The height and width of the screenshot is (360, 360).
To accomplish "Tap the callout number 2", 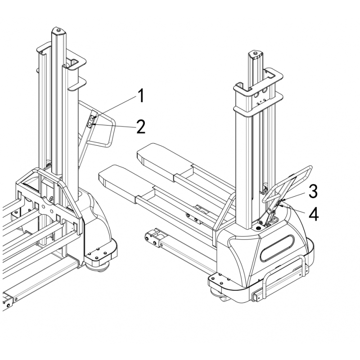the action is pos(141,126).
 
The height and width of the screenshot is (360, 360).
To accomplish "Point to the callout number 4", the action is pos(314,215).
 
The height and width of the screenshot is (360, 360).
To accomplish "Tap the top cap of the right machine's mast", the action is pos(255,54).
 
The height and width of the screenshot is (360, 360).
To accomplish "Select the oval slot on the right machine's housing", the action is pos(277,248).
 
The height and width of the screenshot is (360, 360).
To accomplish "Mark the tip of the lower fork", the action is pos(103,176).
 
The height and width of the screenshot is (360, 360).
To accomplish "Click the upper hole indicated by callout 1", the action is pos(92,119).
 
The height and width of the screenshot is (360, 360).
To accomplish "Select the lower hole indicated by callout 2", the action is pos(90,125).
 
